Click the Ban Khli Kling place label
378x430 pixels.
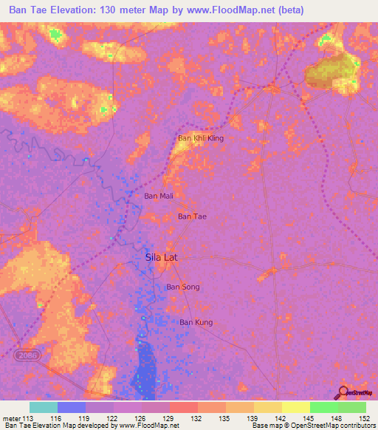pyautogui.click(x=201, y=138)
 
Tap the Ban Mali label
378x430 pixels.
pyautogui.click(x=159, y=196)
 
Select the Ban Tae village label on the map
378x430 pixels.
pyautogui.click(x=193, y=216)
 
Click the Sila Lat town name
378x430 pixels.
pyautogui.click(x=161, y=258)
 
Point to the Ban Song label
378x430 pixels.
pyautogui.click(x=182, y=287)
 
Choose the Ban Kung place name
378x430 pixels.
pyautogui.click(x=196, y=322)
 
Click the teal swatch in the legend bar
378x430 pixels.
pyautogui.click(x=44, y=407)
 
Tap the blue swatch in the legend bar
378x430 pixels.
pyautogui.click(x=72, y=407)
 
